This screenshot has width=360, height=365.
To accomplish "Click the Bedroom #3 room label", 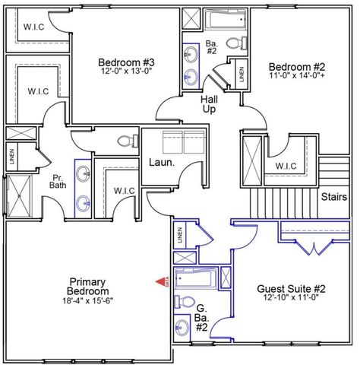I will pos(127,62).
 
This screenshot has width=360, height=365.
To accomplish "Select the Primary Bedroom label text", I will pos(85,287).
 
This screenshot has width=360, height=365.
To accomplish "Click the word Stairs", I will pos(334,196).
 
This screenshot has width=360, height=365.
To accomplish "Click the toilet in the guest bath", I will pos(182,302).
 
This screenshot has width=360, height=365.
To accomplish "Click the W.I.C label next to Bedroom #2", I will pos(286,166).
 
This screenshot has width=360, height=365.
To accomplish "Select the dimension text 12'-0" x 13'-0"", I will pos(127,73).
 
